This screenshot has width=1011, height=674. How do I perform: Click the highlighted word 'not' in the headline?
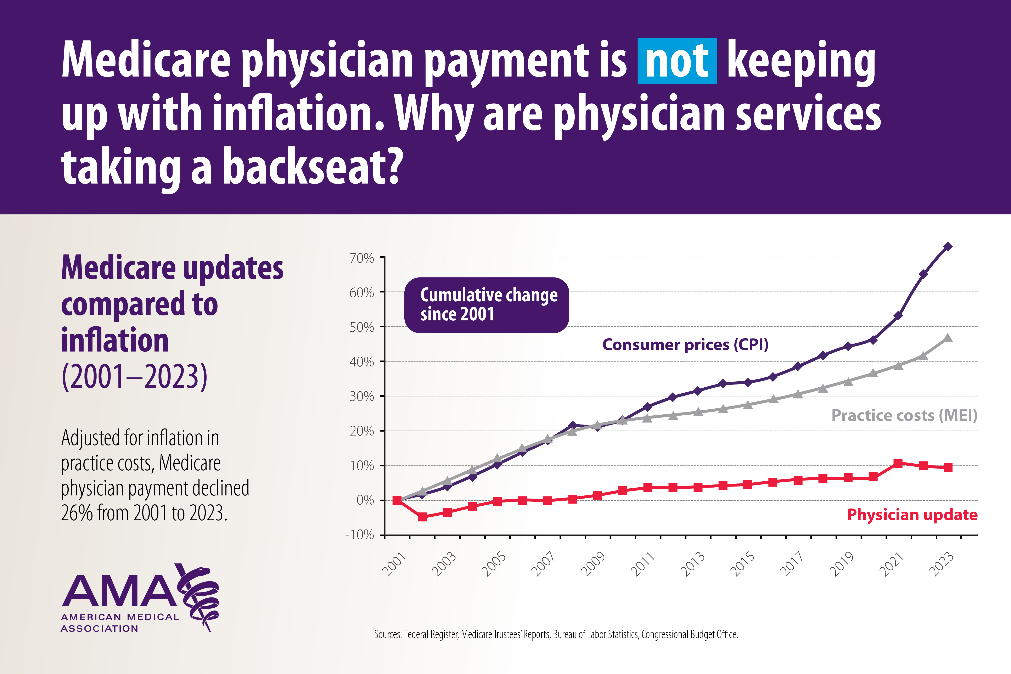point(677,61)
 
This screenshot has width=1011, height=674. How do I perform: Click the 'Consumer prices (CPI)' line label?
point(685,345)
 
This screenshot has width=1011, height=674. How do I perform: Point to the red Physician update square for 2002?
point(422,517)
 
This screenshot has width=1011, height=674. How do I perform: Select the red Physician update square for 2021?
point(898,463)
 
